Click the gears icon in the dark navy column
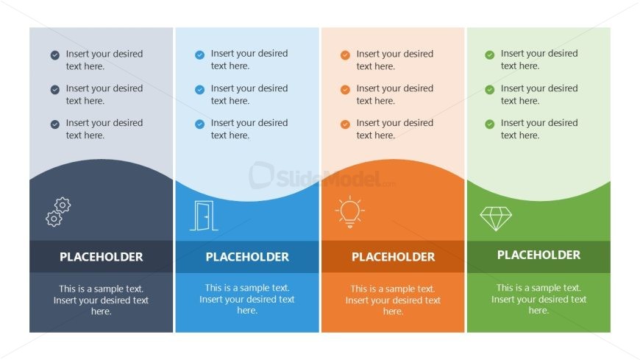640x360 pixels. [x=58, y=212]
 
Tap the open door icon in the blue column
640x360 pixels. [x=204, y=216]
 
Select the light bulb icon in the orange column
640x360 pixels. [x=350, y=212]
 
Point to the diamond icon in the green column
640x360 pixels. [x=496, y=219]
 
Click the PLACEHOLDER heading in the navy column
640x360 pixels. [x=102, y=257]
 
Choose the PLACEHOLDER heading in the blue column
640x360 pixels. [x=247, y=257]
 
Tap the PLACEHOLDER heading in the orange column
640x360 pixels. [x=393, y=257]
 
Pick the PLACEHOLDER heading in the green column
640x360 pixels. [x=538, y=255]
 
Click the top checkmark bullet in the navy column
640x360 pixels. [x=55, y=54]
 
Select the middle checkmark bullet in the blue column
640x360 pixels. [x=199, y=90]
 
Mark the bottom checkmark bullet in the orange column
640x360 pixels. [x=345, y=124]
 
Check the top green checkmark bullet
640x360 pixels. [x=489, y=54]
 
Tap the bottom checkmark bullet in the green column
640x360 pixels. [x=489, y=124]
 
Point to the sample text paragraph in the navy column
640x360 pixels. [x=102, y=300]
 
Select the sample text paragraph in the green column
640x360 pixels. [x=538, y=299]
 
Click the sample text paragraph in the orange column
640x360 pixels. [x=393, y=300]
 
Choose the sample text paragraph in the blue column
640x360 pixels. [x=247, y=299]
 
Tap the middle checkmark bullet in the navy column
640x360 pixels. [x=55, y=90]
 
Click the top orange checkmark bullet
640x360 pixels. [x=345, y=54]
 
